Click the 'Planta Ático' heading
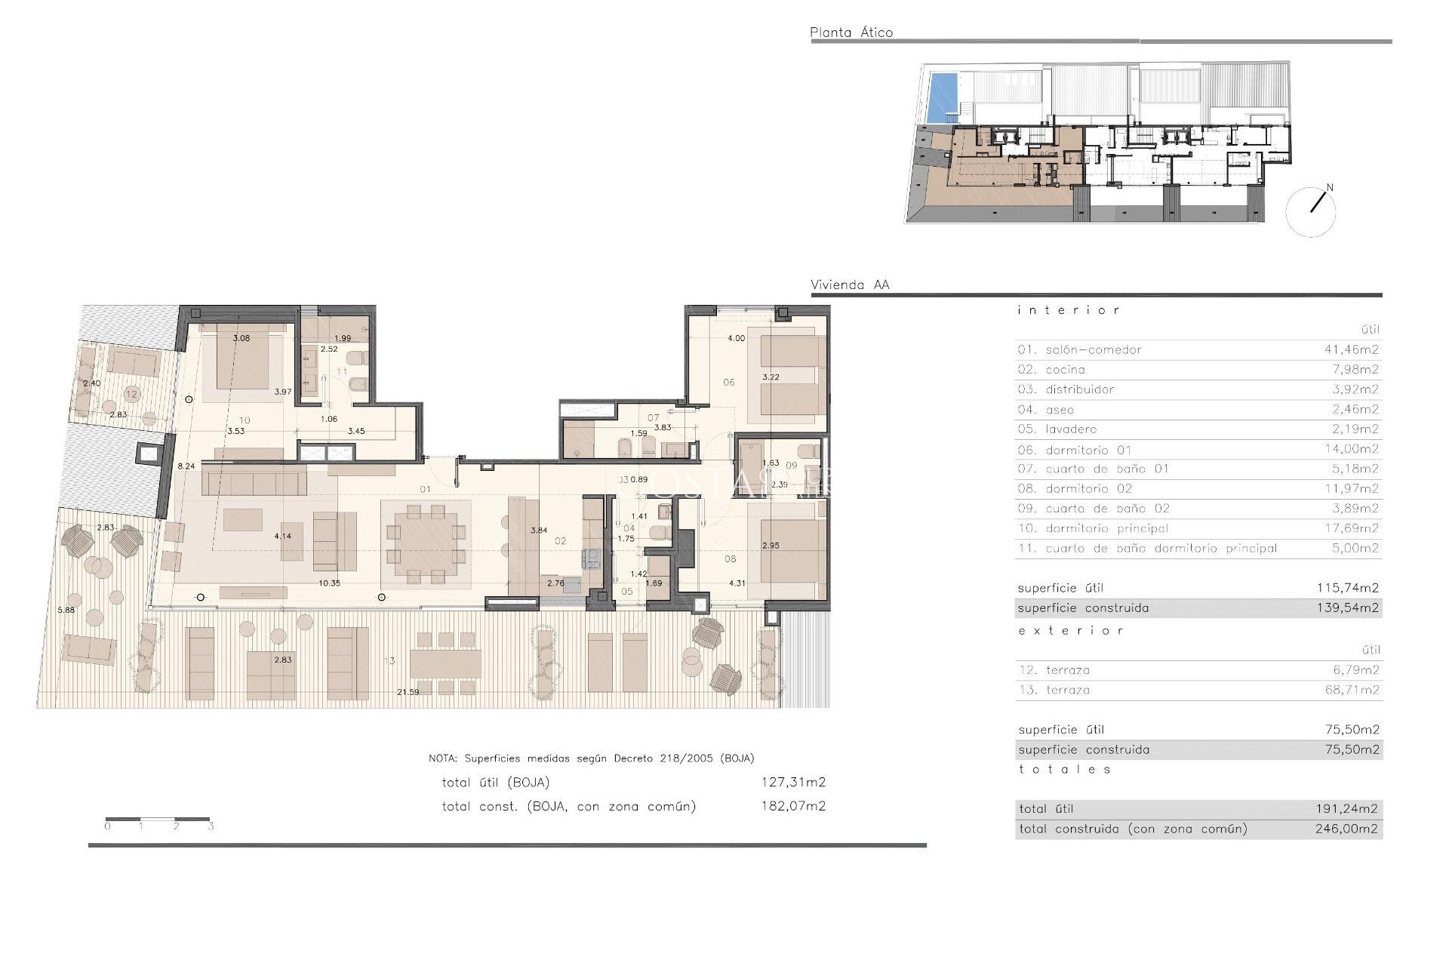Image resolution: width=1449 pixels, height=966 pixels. pyautogui.click(x=851, y=32)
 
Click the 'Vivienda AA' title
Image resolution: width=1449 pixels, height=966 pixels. pyautogui.click(x=849, y=285)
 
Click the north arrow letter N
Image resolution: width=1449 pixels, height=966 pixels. pyautogui.click(x=1330, y=188)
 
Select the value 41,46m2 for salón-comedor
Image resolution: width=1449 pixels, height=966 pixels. pyautogui.click(x=1351, y=349)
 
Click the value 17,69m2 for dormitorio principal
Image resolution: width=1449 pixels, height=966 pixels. pyautogui.click(x=1351, y=528)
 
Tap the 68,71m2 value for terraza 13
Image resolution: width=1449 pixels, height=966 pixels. pyautogui.click(x=1352, y=690)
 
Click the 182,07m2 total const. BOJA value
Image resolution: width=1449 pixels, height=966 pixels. pyautogui.click(x=792, y=806)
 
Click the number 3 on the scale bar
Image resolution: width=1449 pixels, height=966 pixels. pyautogui.click(x=211, y=826)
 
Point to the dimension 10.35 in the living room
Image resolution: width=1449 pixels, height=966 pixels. pyautogui.click(x=329, y=583)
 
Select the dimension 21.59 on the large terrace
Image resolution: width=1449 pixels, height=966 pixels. pyautogui.click(x=408, y=692)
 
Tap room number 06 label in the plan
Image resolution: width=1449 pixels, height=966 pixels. pyautogui.click(x=728, y=382)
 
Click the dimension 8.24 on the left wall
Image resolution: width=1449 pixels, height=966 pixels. pyautogui.click(x=186, y=466)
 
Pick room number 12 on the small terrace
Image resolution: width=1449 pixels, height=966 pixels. pyautogui.click(x=132, y=394)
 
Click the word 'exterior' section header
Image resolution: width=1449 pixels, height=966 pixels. pyautogui.click(x=1071, y=630)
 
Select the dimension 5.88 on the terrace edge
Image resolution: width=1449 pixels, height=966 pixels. pyautogui.click(x=66, y=610)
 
